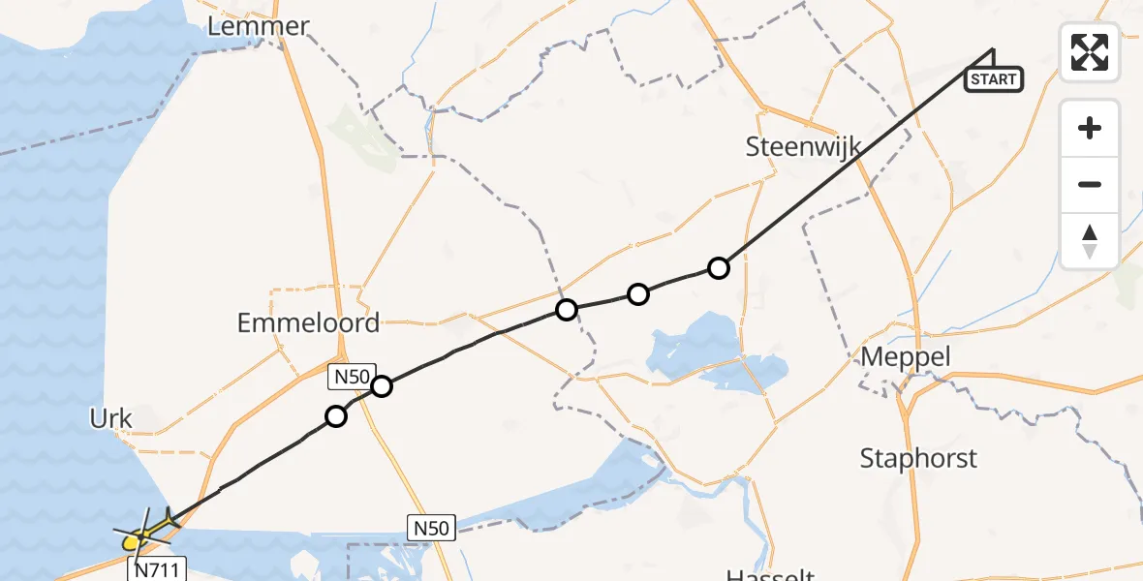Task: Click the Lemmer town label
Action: (258, 26)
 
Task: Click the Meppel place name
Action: (906, 357)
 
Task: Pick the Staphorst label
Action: (918, 458)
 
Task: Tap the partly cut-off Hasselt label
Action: (769, 574)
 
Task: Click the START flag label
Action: (993, 79)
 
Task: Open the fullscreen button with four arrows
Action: (1090, 52)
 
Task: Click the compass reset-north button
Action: (1090, 240)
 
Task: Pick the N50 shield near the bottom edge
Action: (430, 528)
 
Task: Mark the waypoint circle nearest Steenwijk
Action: (718, 268)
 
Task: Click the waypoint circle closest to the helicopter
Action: (335, 416)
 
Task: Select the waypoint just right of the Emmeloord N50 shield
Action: (382, 386)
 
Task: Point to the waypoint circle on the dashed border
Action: (566, 310)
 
